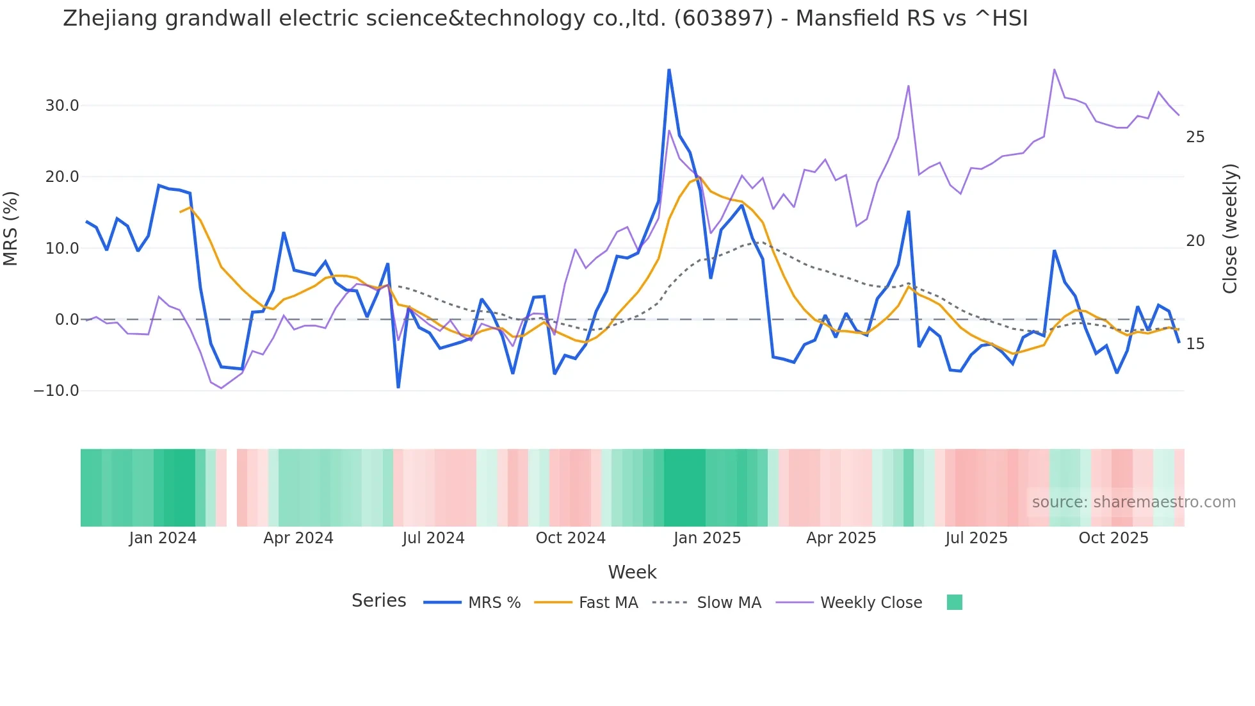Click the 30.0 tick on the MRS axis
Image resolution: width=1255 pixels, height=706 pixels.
pyautogui.click(x=61, y=106)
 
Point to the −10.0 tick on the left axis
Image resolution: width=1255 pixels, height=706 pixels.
pyautogui.click(x=56, y=391)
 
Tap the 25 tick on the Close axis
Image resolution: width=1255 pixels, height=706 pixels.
pyautogui.click(x=1195, y=137)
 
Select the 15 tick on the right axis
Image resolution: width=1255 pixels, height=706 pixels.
pyautogui.click(x=1195, y=344)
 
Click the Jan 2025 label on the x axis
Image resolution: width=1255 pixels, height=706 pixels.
pyautogui.click(x=707, y=538)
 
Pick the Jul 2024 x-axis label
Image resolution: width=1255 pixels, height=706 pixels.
pyautogui.click(x=433, y=538)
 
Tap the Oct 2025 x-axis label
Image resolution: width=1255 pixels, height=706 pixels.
pyautogui.click(x=1113, y=538)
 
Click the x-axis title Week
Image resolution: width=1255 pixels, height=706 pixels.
pyautogui.click(x=632, y=572)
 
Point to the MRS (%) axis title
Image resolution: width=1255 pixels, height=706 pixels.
pyautogui.click(x=11, y=229)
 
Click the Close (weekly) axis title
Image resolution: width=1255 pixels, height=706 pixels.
pyautogui.click(x=1229, y=229)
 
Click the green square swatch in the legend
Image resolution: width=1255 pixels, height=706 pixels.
pyautogui.click(x=954, y=602)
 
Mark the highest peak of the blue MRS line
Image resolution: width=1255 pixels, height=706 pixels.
pyautogui.click(x=669, y=70)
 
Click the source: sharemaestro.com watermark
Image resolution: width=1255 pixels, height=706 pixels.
pyautogui.click(x=1133, y=502)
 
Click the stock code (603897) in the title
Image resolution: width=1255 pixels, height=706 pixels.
pyautogui.click(x=724, y=19)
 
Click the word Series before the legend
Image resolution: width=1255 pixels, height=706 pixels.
pyautogui.click(x=378, y=601)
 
